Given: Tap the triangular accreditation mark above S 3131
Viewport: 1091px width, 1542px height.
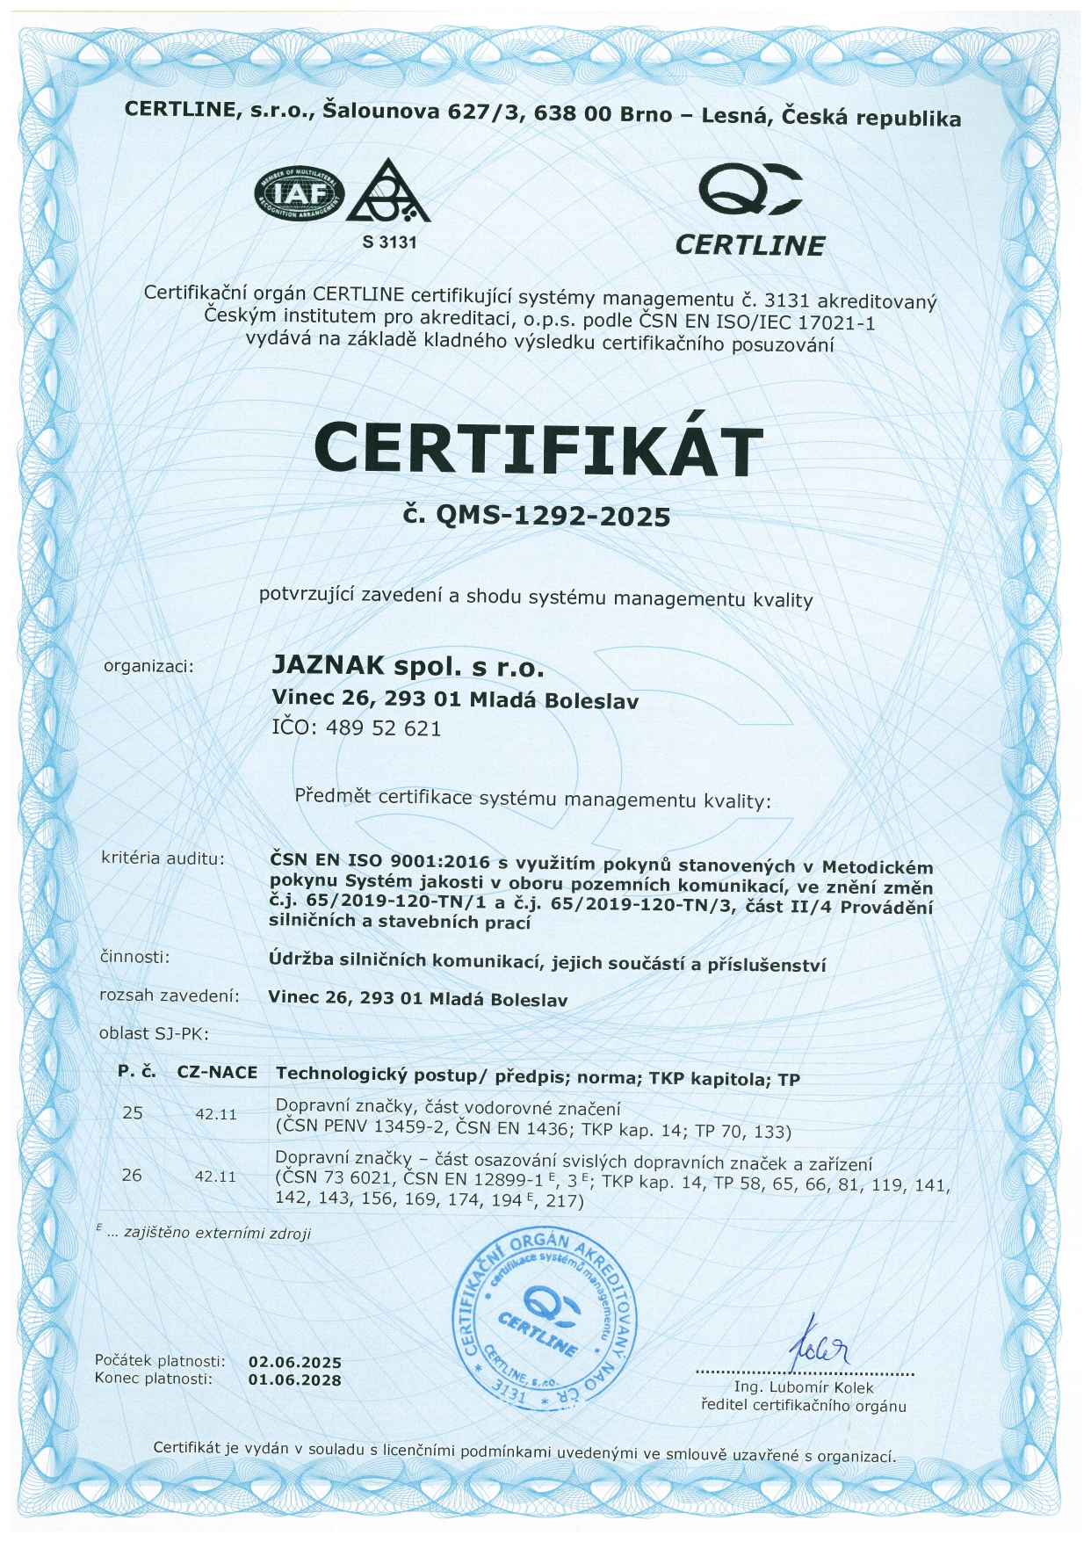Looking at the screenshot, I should point(389,192).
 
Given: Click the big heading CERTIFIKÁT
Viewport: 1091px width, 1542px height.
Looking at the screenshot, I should point(538,449).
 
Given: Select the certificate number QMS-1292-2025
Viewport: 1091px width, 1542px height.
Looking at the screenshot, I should point(553,515).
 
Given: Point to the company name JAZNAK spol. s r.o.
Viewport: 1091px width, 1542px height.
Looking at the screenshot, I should point(408,667).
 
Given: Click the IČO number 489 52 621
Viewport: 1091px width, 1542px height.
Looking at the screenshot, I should point(383,728).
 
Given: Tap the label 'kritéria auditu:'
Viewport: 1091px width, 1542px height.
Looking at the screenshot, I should point(163,858).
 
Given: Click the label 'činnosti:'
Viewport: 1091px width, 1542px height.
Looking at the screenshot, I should point(135,957).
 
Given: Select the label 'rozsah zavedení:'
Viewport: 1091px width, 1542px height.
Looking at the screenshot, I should point(170,995).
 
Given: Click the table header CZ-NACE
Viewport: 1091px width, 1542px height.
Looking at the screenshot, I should point(217,1073).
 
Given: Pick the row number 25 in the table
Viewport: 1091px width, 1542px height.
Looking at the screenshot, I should point(133,1113).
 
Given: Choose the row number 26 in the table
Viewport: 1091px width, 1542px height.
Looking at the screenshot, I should point(132,1175).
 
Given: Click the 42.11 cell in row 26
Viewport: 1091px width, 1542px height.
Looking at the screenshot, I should point(215,1176).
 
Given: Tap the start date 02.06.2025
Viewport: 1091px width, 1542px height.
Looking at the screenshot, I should point(294,1363).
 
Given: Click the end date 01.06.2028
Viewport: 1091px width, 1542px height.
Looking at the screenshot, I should point(294,1380).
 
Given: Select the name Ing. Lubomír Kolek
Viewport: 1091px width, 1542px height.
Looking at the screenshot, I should point(804,1388).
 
